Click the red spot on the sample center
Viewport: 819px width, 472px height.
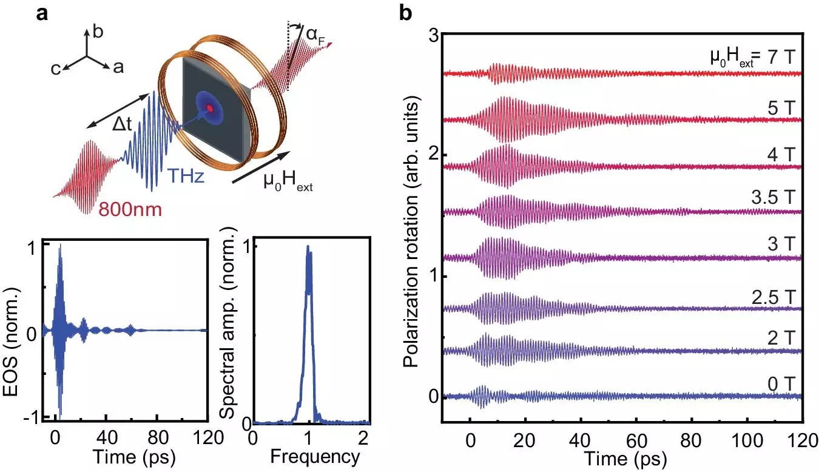point(210,108)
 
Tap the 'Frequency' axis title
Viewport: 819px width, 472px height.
point(311,456)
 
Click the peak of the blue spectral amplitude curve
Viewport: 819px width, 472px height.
point(308,247)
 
